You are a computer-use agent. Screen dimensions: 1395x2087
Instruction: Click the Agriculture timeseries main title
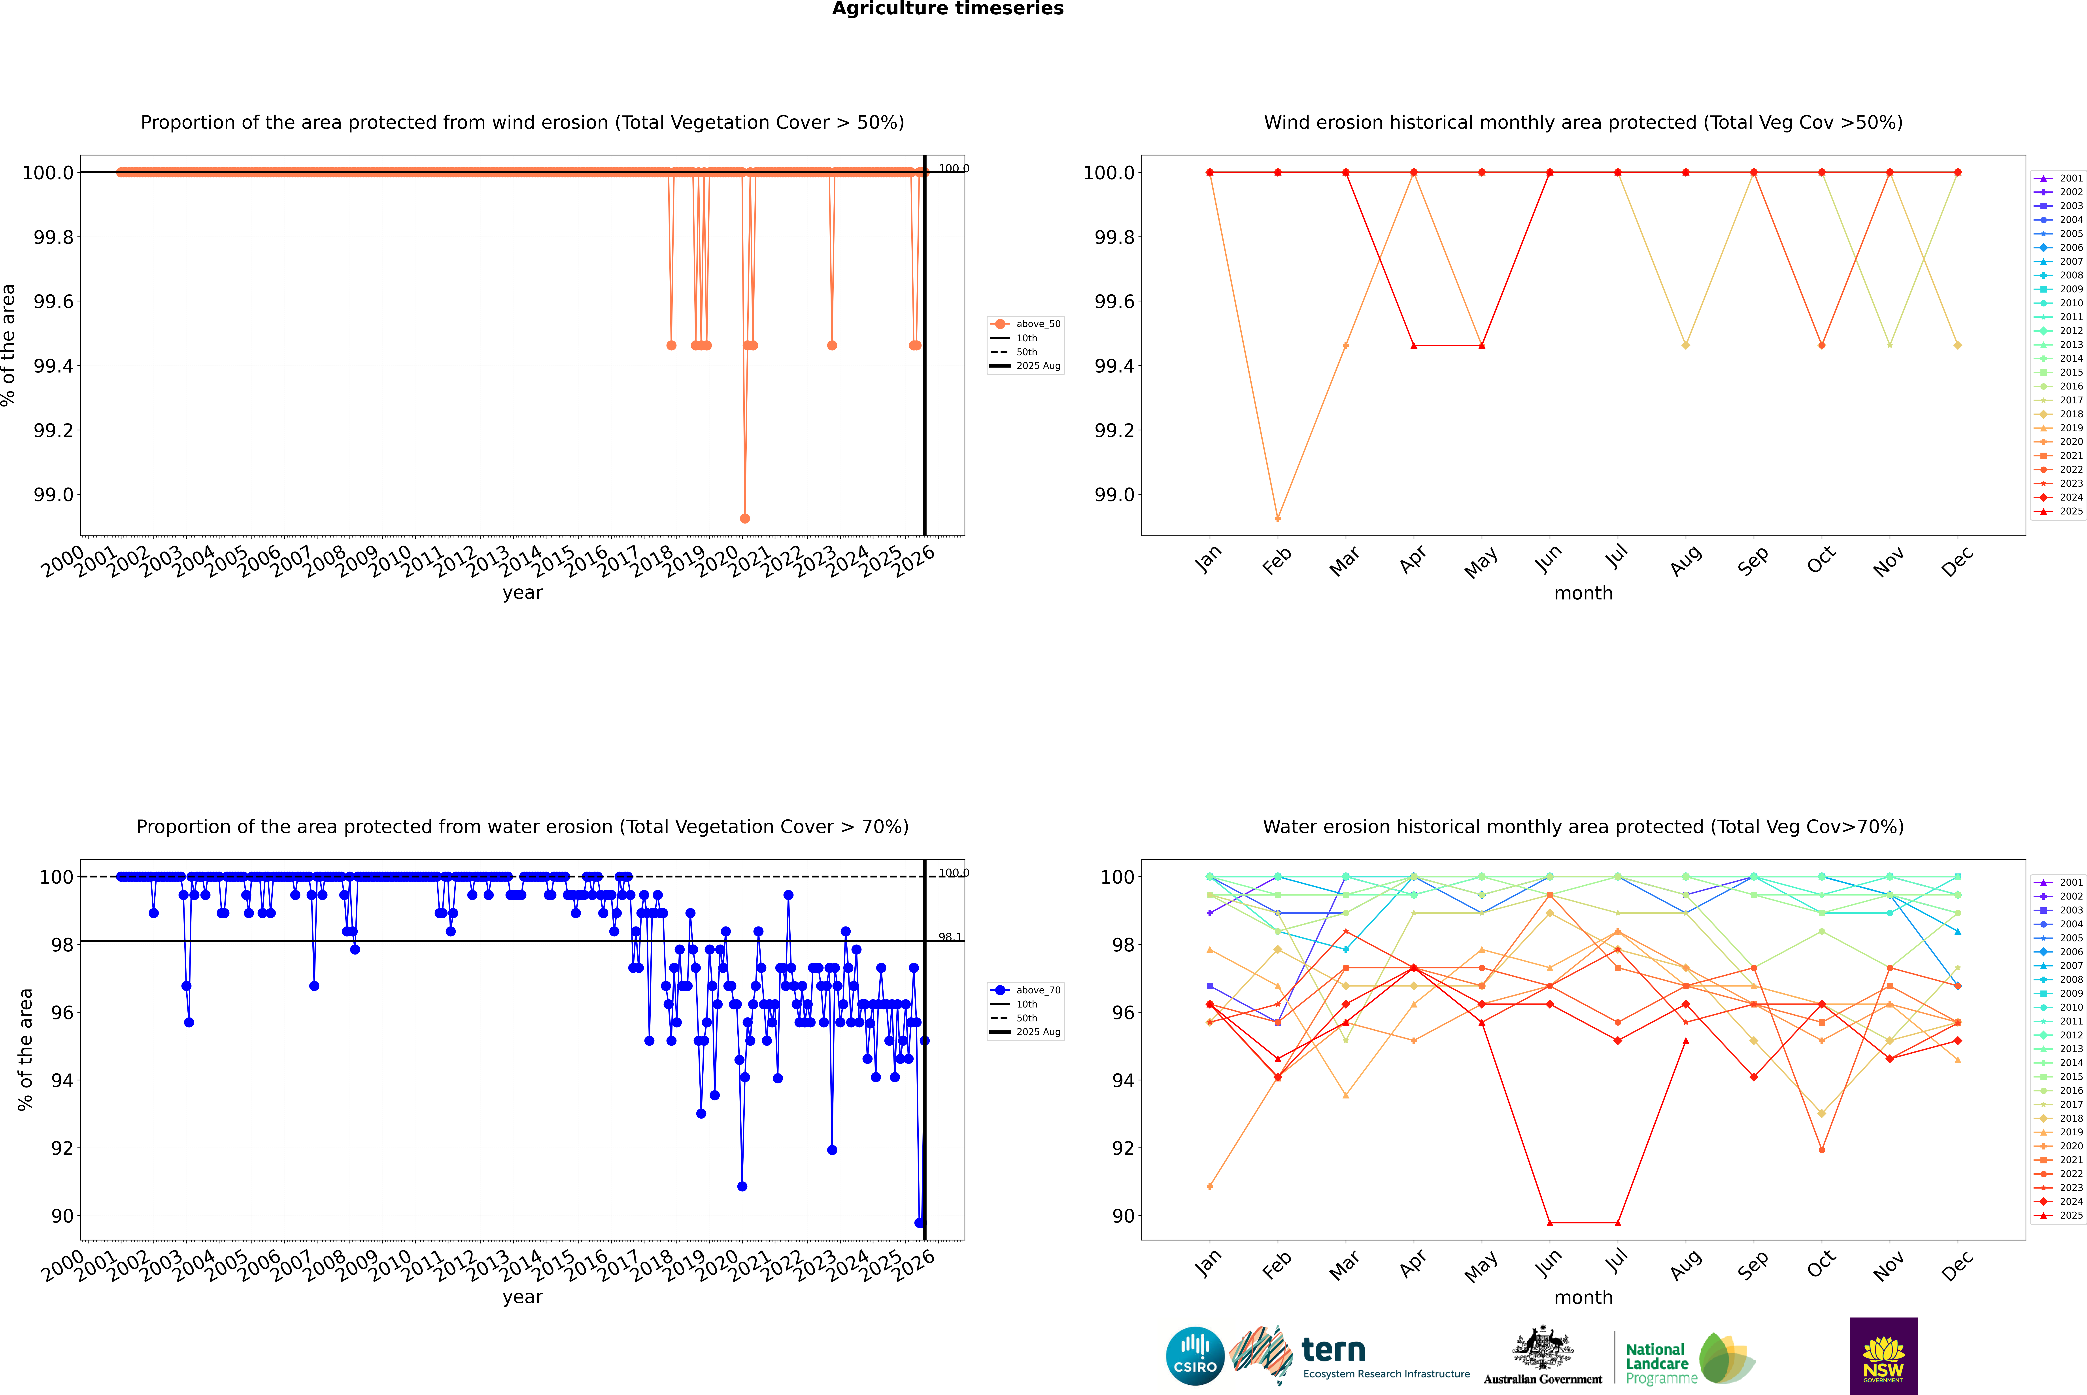pos(947,9)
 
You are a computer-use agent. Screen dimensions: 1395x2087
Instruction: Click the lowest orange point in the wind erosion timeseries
pos(745,518)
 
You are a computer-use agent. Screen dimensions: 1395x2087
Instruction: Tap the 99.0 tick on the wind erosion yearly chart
pos(53,495)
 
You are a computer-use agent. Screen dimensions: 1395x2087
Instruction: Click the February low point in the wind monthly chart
pos(1277,518)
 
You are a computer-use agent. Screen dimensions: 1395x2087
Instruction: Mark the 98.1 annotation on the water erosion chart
pos(950,937)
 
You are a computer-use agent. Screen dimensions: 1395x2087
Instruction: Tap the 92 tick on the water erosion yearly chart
pos(62,1148)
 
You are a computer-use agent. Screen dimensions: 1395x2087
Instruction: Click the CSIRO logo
pos(1195,1356)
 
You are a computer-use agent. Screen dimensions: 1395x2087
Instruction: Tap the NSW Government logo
pos(1883,1356)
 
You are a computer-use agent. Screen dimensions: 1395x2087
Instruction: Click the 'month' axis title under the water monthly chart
pos(1583,1297)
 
